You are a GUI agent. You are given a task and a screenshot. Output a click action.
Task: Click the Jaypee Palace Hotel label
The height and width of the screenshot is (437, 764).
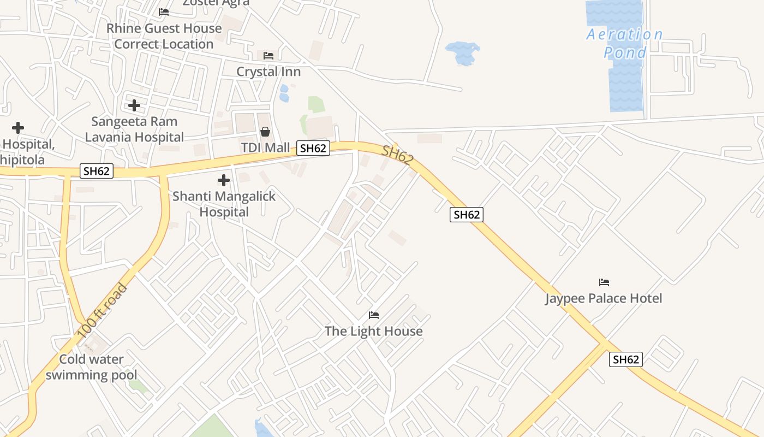point(604,298)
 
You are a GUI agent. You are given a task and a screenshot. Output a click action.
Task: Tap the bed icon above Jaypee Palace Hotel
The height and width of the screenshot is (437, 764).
point(604,282)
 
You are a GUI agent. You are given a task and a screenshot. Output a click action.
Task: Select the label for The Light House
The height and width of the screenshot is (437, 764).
point(373,331)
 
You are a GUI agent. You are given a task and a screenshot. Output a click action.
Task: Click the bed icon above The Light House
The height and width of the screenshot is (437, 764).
point(374,315)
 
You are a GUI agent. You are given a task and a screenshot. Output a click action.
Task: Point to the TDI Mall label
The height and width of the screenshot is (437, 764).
point(265,148)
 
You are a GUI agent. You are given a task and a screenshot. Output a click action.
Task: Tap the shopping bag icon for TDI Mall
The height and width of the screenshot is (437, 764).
point(265,132)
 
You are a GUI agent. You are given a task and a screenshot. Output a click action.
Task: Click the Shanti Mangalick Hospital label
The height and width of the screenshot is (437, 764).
point(224,204)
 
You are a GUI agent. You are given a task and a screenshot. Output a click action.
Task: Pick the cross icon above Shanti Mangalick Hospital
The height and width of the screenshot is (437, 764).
point(223,180)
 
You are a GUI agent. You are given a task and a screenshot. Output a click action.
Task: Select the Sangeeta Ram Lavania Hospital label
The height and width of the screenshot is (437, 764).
point(134,129)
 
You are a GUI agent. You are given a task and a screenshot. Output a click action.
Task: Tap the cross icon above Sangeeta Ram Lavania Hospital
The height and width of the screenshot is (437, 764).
point(134,105)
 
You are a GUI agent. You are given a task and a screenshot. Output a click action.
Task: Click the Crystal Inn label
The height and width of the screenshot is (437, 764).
point(268,72)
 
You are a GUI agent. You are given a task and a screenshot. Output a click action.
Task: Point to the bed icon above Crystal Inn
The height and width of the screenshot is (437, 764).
point(268,56)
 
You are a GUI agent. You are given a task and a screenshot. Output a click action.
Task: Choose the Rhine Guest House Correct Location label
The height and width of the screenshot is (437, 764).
point(164,36)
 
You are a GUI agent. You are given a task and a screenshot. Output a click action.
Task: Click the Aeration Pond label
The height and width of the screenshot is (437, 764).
point(625,43)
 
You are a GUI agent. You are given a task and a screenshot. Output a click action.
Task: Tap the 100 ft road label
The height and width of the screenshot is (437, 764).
point(102,310)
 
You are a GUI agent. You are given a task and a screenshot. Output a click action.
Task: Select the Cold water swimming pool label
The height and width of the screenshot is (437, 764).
point(91,367)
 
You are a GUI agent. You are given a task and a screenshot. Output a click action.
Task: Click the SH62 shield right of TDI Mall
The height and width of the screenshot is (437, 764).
point(313,148)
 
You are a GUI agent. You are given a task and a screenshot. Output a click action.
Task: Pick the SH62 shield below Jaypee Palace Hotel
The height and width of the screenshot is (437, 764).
point(625,359)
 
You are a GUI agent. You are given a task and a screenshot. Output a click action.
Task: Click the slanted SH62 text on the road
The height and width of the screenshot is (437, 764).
point(397,155)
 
